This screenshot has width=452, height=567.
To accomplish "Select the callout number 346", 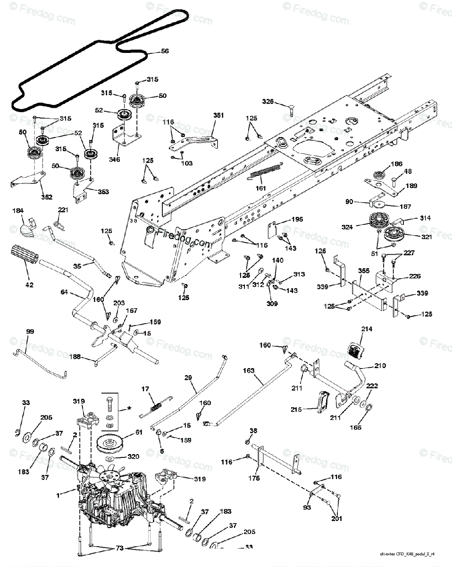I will pyautogui.click(x=114, y=160).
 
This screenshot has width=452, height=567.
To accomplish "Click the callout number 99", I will pyautogui.click(x=30, y=332).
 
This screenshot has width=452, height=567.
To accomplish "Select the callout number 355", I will pyautogui.click(x=363, y=271).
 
